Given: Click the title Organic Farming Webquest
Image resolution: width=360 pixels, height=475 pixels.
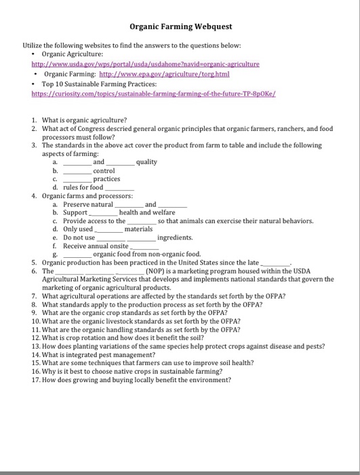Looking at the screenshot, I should pos(180,26).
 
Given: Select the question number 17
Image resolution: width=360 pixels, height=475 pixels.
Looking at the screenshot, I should pos(36,379).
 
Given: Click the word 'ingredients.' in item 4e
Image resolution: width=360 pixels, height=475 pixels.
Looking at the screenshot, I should pos(176,237).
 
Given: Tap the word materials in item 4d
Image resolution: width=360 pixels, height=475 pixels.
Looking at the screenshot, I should pos(139,229).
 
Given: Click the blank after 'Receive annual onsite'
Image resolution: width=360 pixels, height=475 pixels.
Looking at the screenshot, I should pos(143,246).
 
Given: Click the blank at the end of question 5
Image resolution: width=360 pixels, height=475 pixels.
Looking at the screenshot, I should pos(275,263).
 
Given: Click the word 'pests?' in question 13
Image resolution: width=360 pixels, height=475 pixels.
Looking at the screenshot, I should pos(315,345).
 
